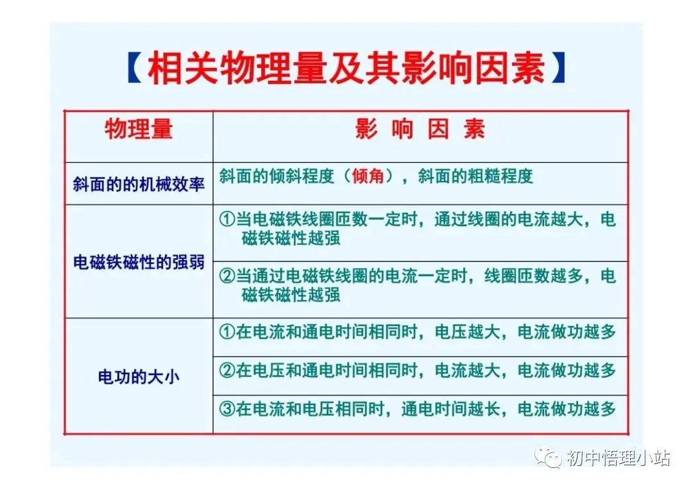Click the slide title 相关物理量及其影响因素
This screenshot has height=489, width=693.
coord(346,69)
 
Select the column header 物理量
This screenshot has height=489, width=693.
coord(139,130)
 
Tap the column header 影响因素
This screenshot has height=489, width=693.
coord(420,130)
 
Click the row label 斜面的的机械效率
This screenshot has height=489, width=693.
coord(139,184)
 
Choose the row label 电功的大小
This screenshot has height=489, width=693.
coord(139,376)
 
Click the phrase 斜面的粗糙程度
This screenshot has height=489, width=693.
coord(475,176)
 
